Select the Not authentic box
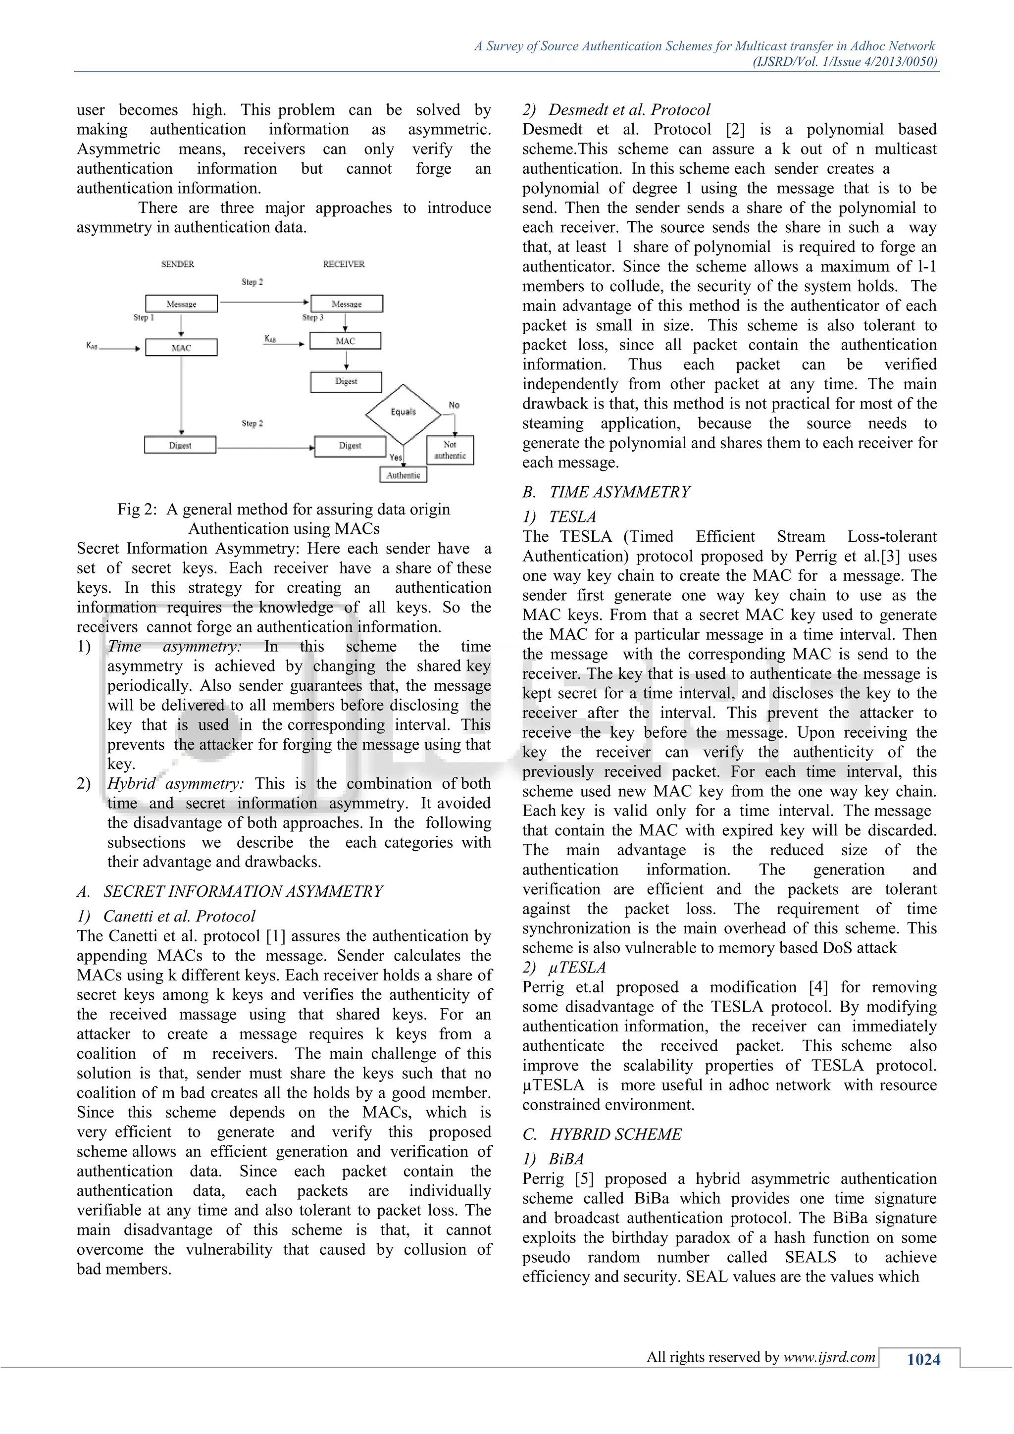point(450,450)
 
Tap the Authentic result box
point(404,475)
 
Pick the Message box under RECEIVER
point(347,304)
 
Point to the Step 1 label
point(143,317)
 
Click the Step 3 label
point(312,317)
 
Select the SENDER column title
point(177,264)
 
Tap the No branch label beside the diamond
point(454,405)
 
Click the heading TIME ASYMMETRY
point(619,492)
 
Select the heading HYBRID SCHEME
point(615,1134)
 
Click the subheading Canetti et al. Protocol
point(179,916)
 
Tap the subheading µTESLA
point(577,968)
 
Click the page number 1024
point(923,1360)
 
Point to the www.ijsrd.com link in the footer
point(829,1357)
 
